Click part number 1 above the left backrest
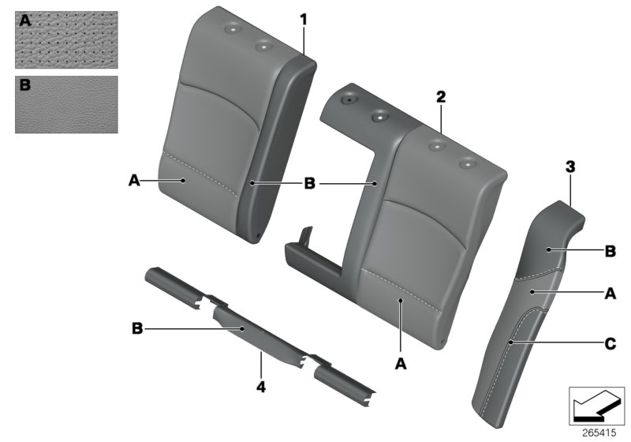tap(304, 18)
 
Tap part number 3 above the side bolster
tap(569, 167)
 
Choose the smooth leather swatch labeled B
tap(66, 104)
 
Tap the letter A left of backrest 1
tap(135, 181)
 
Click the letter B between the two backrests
tap(310, 183)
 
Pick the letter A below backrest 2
tap(400, 363)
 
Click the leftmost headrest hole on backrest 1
tap(233, 29)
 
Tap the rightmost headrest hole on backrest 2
tap(469, 164)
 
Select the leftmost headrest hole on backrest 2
tap(348, 101)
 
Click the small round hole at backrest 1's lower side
tap(259, 234)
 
